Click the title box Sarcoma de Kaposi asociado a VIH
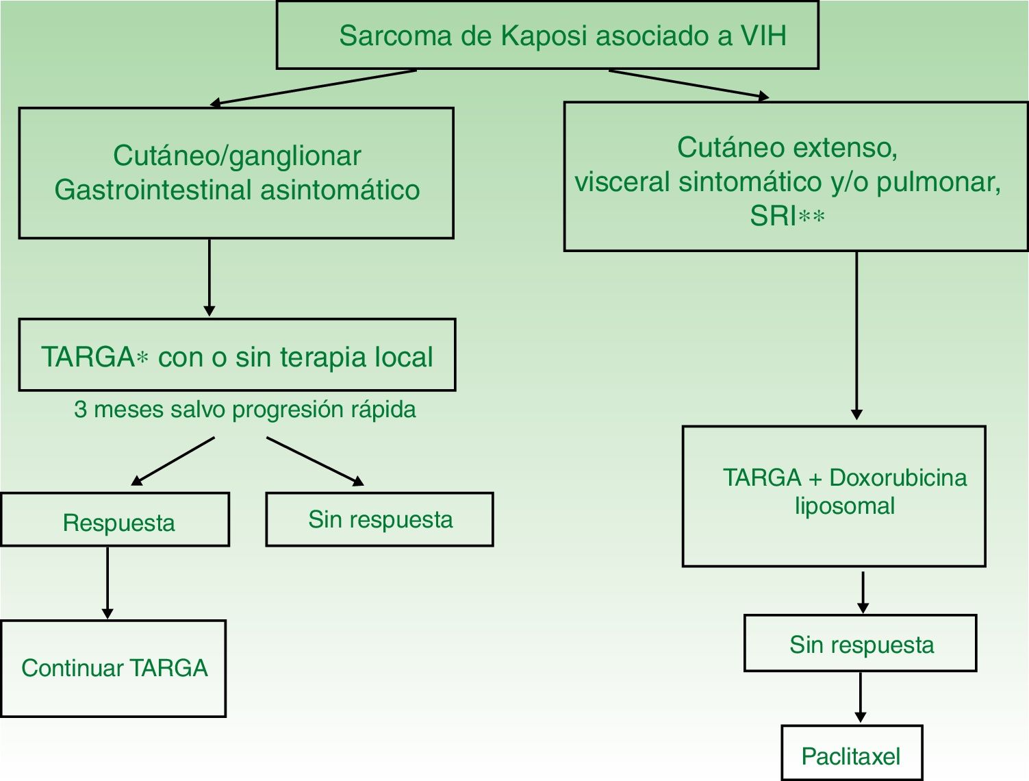click(x=547, y=36)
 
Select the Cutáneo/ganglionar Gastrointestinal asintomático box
click(x=236, y=173)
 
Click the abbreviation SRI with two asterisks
click(x=787, y=216)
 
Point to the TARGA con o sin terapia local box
click(x=237, y=356)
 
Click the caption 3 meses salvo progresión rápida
click(x=244, y=410)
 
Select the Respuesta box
click(x=115, y=520)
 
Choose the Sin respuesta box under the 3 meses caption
click(x=379, y=520)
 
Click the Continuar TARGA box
click(x=114, y=669)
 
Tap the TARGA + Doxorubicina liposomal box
click(x=834, y=497)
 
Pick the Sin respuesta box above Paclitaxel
click(x=861, y=644)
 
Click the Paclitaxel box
click(x=851, y=754)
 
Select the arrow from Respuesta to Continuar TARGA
click(x=107, y=582)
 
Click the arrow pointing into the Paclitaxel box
click(x=861, y=697)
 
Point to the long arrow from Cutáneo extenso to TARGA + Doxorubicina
click(x=856, y=336)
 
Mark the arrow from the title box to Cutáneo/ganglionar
click(x=313, y=88)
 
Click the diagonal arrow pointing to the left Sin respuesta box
click(x=315, y=461)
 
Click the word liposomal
click(x=844, y=506)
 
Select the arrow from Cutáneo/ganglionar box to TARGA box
click(x=209, y=277)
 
